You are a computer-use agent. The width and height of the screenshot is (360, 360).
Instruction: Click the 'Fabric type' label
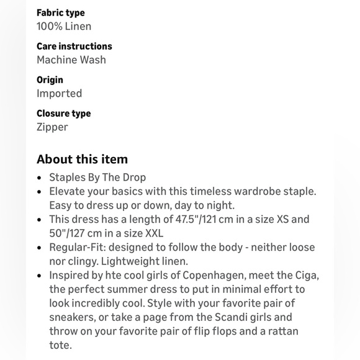click(x=60, y=12)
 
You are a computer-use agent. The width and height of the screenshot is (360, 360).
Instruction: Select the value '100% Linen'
click(x=64, y=26)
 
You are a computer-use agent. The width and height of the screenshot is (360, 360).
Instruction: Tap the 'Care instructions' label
click(x=74, y=46)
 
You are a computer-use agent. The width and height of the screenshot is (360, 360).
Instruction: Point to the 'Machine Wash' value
click(x=71, y=60)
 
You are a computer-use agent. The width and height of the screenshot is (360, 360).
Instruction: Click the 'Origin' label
click(x=50, y=79)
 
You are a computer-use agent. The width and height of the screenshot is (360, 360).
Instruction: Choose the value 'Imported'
click(x=59, y=93)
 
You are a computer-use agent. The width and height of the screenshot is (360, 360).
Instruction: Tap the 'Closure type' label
click(x=63, y=113)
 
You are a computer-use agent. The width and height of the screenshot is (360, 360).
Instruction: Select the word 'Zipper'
click(x=52, y=127)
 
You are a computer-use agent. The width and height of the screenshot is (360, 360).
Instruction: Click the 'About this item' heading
click(x=82, y=159)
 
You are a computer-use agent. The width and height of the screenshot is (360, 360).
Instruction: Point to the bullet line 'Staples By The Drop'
click(x=97, y=177)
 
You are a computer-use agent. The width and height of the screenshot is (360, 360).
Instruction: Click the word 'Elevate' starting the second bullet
click(x=68, y=191)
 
